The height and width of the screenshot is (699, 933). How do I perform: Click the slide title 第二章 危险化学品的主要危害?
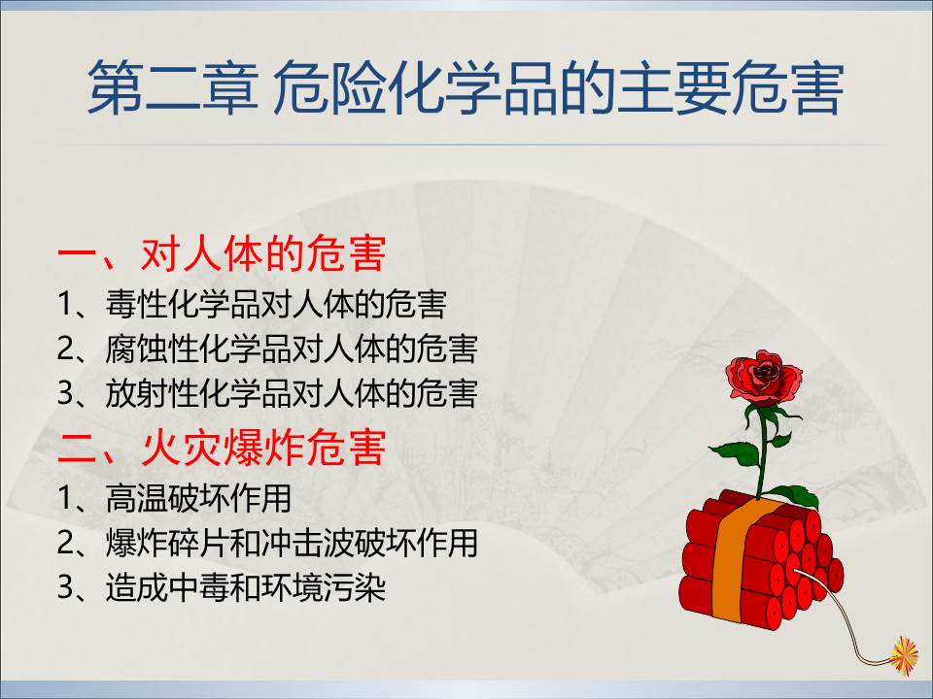tap(466, 87)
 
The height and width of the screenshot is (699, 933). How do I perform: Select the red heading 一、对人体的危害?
tap(222, 253)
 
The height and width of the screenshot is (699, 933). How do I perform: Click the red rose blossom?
tap(764, 377)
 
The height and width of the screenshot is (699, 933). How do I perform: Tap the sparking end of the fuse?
tap(903, 654)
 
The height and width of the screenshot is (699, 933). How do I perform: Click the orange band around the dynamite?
tap(736, 559)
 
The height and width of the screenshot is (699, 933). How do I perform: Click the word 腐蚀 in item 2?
tap(136, 349)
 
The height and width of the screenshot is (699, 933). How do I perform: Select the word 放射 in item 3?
tap(136, 393)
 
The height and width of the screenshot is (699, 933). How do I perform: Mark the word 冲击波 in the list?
tap(308, 543)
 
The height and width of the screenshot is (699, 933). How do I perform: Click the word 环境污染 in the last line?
tap(323, 587)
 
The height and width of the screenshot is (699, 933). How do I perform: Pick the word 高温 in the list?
tap(136, 498)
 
